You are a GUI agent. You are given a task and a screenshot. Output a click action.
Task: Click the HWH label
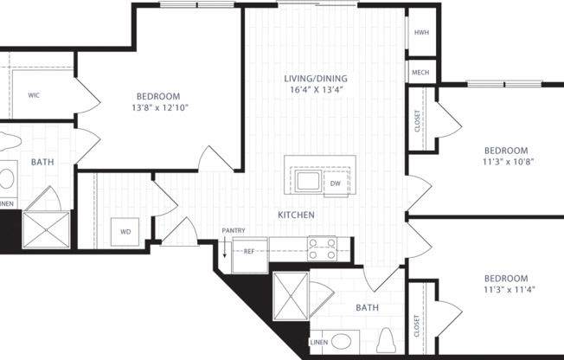point(421,33)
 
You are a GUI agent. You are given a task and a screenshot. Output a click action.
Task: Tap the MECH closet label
point(421,74)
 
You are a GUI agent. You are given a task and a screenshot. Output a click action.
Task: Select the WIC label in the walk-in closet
point(35,95)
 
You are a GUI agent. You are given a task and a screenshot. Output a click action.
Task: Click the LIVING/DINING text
point(315,79)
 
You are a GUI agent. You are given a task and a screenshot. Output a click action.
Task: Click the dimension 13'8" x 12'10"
point(157,108)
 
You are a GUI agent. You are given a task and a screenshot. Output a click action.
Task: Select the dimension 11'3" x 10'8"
point(505,161)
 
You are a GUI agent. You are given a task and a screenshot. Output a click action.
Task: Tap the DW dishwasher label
point(335,183)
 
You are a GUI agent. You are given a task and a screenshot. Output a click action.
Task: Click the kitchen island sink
point(305,182)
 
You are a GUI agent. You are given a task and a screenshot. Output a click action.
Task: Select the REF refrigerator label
point(249,252)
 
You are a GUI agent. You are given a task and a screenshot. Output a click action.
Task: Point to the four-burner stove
point(321,249)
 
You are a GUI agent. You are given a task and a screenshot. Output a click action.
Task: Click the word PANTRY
point(234,230)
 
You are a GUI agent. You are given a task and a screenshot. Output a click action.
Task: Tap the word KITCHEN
point(296,215)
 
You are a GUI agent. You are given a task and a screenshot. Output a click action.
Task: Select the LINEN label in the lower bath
point(318,343)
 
